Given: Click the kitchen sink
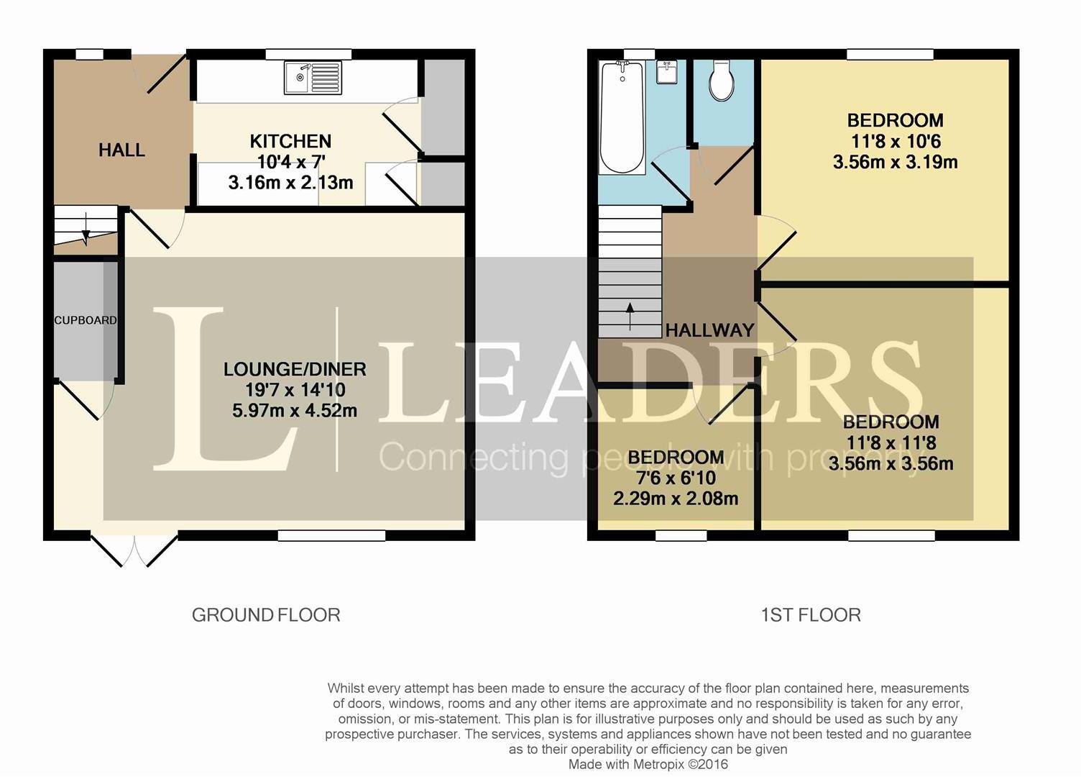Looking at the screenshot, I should click(x=313, y=78).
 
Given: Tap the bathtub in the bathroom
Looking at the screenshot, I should click(x=622, y=117).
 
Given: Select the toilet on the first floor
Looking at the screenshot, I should click(x=721, y=81).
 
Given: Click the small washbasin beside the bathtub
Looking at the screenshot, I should click(x=668, y=73).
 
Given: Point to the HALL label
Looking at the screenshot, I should click(x=121, y=150).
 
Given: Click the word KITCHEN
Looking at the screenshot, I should click(x=290, y=141).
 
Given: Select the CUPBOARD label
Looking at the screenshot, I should click(x=85, y=320).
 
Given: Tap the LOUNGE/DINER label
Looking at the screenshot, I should click(x=295, y=370).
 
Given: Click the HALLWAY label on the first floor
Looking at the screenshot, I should click(x=709, y=330).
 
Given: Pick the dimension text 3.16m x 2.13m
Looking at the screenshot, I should click(x=290, y=183).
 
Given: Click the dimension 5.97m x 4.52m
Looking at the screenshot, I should click(x=295, y=411).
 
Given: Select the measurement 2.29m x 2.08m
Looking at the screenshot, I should click(x=675, y=499).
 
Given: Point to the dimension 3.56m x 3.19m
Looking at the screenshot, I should click(x=895, y=162).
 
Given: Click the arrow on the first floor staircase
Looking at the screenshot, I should click(x=630, y=316).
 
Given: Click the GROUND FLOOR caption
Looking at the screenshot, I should click(x=266, y=615).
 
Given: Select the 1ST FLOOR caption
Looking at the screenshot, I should click(x=810, y=615).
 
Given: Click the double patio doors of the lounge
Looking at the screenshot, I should click(x=134, y=550).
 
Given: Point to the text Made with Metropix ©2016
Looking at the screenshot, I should click(x=648, y=764).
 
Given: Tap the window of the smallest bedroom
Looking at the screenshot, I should click(x=681, y=535).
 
